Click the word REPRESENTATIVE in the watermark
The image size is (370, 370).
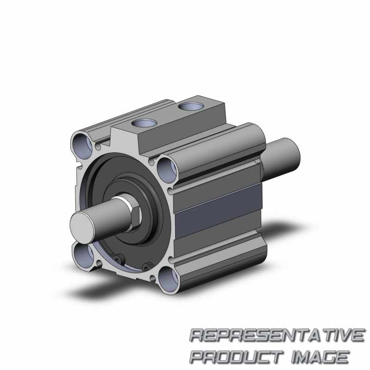[x=277, y=335]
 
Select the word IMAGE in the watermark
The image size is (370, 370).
[x=320, y=356]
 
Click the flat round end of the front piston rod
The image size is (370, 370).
[x=83, y=228]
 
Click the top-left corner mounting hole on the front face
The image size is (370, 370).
[x=82, y=145]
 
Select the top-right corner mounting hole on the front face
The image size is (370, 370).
[x=167, y=170]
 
